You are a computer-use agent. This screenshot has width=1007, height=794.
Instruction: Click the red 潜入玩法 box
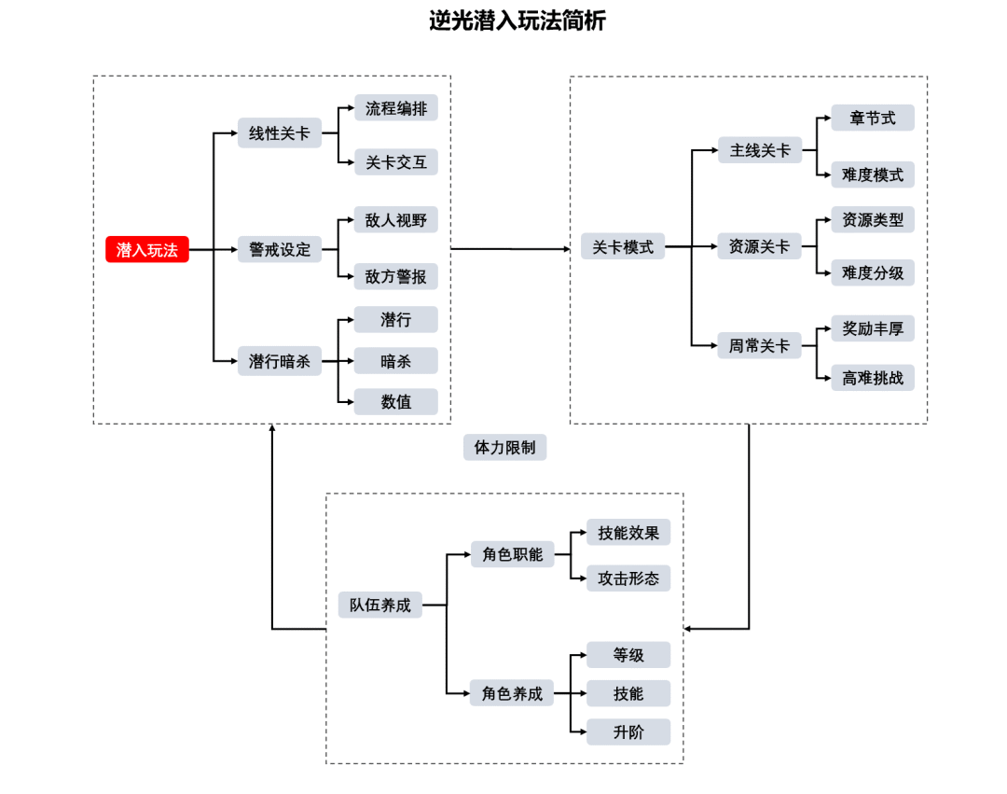[147, 250]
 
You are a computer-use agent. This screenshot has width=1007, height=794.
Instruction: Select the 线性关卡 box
[279, 133]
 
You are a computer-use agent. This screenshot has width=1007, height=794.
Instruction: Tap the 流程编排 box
[395, 108]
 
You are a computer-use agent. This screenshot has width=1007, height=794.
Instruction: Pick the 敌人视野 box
[395, 220]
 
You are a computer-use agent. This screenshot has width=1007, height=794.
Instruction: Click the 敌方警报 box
[395, 276]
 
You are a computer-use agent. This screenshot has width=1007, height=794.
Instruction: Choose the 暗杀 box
[395, 361]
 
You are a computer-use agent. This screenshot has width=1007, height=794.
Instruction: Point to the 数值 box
[395, 402]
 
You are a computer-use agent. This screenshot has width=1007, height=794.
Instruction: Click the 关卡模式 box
[623, 247]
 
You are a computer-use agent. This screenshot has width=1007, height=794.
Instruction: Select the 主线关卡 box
[759, 150]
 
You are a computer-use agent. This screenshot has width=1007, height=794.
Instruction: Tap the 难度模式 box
[873, 174]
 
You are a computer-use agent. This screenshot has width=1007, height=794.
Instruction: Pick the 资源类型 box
[873, 220]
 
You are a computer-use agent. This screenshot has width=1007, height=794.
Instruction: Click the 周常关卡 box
[759, 346]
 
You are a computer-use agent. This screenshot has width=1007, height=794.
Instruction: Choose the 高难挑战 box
[873, 378]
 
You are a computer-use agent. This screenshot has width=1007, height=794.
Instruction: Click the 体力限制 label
[504, 448]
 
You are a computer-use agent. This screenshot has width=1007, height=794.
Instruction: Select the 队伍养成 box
[379, 605]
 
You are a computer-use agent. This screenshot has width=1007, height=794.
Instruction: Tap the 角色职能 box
[512, 553]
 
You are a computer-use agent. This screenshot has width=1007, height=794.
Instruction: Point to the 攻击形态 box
[628, 578]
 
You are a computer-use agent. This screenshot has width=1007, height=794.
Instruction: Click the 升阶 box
[628, 732]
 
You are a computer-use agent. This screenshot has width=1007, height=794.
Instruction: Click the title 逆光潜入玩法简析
[517, 21]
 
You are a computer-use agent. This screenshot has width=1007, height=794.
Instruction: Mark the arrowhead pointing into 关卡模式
[565, 249]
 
